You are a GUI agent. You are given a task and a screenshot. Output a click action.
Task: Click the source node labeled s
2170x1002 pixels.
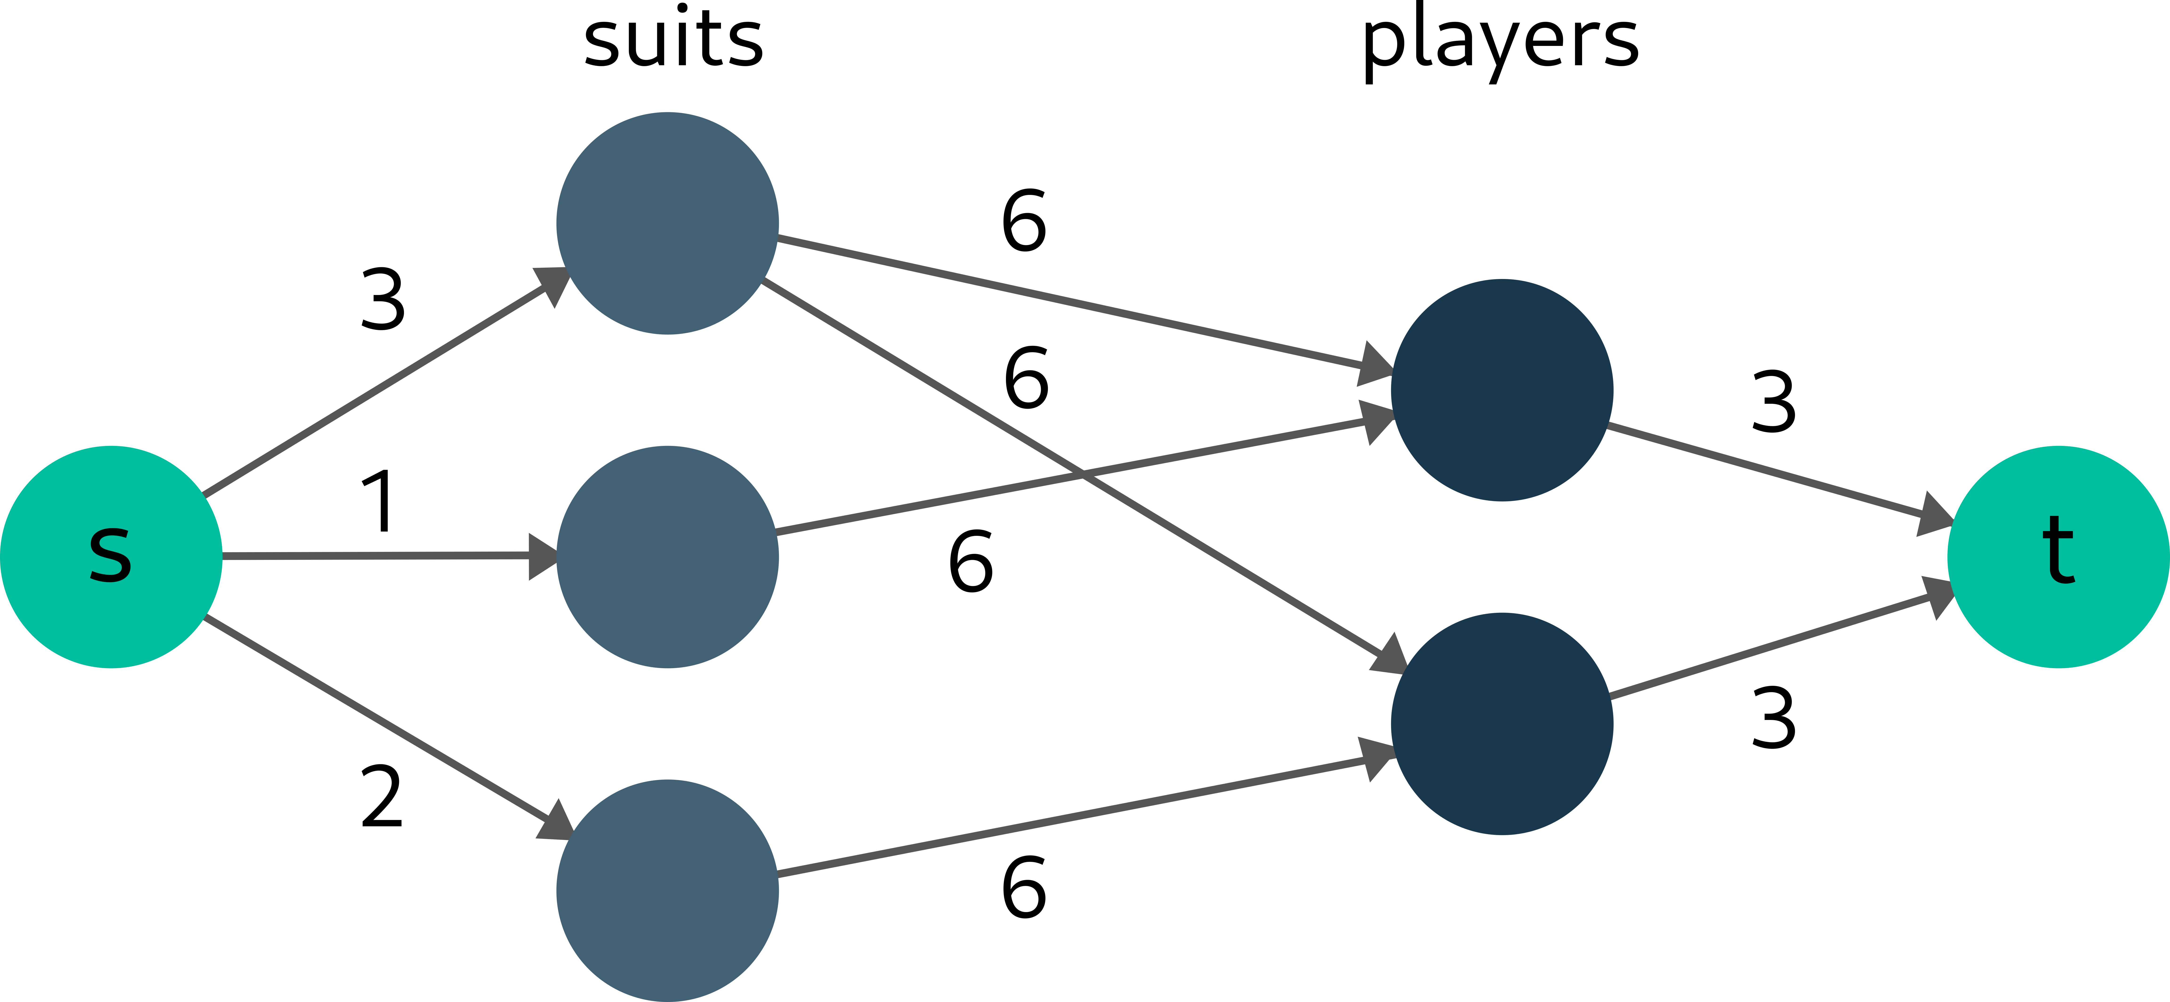coord(110,557)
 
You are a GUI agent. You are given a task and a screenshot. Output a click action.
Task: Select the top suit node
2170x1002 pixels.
coord(667,223)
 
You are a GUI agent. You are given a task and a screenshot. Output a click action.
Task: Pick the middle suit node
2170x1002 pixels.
coord(667,557)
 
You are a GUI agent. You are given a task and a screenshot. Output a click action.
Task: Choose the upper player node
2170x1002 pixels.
coord(1502,390)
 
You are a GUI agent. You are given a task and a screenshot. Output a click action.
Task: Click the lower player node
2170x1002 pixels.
coord(1502,723)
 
